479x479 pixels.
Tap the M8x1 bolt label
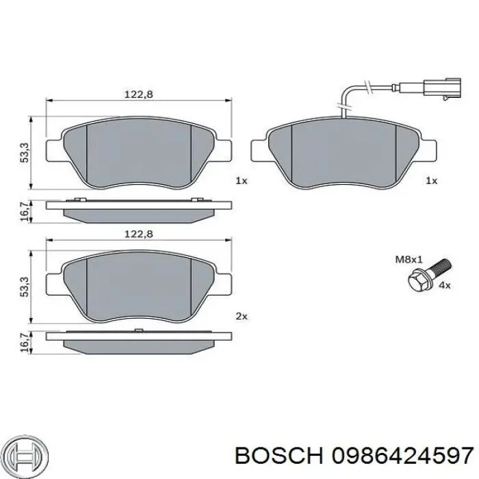(x=409, y=259)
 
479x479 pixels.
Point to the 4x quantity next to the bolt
(x=445, y=285)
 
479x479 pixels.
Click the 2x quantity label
(x=242, y=316)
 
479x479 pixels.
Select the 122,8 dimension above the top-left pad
(x=138, y=94)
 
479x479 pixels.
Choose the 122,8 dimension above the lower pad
(x=138, y=234)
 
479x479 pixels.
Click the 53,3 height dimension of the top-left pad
(x=25, y=153)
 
